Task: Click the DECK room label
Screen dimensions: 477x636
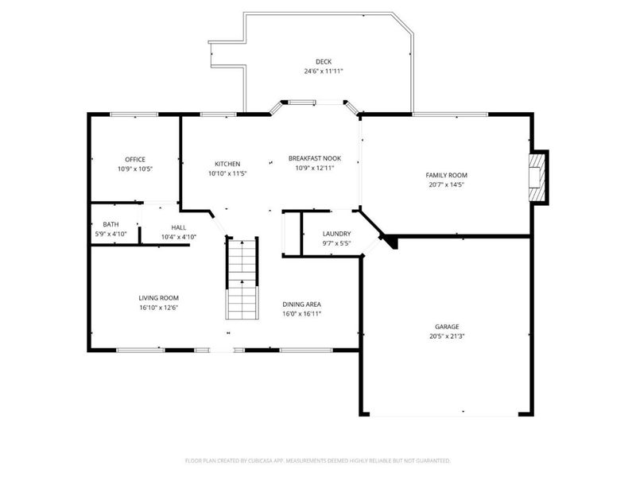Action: click(323, 61)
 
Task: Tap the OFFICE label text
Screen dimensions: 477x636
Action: click(134, 159)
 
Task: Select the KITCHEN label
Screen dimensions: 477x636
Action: click(227, 164)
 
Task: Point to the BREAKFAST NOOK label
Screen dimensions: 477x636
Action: click(315, 158)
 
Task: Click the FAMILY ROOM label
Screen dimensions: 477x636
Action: click(446, 175)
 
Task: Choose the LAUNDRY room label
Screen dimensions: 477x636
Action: click(336, 234)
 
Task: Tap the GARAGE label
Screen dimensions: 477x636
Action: click(446, 326)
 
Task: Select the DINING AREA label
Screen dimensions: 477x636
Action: click(302, 304)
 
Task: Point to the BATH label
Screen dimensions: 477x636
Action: click(111, 224)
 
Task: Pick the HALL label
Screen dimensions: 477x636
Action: click(178, 227)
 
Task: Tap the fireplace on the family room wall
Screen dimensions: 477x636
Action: click(539, 176)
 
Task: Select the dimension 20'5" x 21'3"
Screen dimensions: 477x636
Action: click(446, 335)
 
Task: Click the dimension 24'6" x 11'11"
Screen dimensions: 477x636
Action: click(323, 72)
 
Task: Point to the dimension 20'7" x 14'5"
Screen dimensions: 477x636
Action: click(446, 184)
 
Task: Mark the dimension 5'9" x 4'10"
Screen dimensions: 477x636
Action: click(111, 236)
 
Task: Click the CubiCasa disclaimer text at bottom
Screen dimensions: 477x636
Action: click(318, 460)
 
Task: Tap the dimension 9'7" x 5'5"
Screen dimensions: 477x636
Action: click(336, 243)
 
